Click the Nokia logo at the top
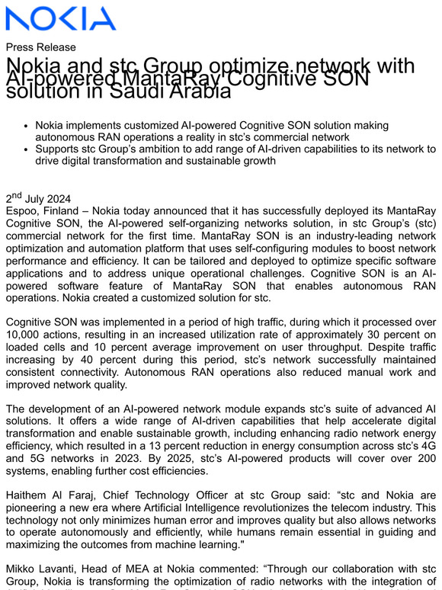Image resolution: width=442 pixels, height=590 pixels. click(x=60, y=18)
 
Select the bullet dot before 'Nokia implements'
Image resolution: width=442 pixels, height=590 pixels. click(x=27, y=125)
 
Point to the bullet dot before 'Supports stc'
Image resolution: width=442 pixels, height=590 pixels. click(x=27, y=149)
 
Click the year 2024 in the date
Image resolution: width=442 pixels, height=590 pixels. click(x=66, y=197)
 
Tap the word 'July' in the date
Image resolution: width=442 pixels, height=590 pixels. click(x=38, y=197)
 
